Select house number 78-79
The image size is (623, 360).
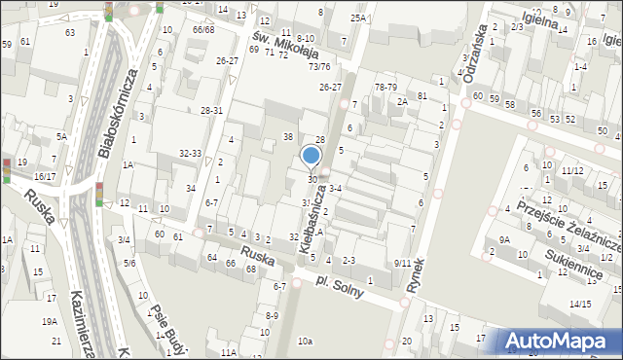[x=385, y=87]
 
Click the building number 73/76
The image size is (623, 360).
[x=318, y=66]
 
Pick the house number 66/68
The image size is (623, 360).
[x=202, y=29]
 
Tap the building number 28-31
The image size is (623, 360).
[x=211, y=111]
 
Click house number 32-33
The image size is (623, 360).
[x=190, y=153]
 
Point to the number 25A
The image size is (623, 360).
[x=358, y=18]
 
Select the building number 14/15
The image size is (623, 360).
[x=580, y=305]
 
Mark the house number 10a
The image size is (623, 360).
[x=306, y=341]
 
